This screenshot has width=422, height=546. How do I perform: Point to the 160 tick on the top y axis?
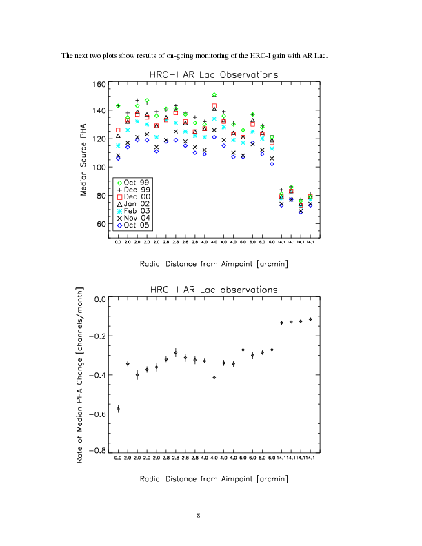[98, 84]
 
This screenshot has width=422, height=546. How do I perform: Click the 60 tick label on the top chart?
[100, 225]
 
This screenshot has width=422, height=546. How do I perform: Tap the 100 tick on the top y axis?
[98, 168]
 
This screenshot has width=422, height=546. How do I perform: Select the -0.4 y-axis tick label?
[96, 376]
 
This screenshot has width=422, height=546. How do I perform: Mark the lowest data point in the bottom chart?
[118, 409]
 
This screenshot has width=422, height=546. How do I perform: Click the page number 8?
[199, 515]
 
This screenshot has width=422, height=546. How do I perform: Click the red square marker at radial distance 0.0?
[118, 130]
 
